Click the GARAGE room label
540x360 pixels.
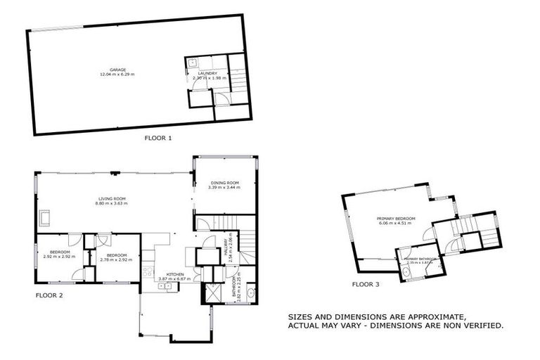point(117,70)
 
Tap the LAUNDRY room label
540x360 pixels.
point(207,73)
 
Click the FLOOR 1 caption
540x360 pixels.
point(157,139)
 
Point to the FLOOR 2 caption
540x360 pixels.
point(49,295)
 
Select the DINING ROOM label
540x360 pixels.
point(224,182)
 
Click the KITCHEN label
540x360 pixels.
point(174,274)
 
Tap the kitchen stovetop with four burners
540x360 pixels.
point(148,271)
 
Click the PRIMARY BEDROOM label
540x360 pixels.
point(395,219)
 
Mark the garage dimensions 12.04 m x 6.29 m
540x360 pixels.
point(117,75)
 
